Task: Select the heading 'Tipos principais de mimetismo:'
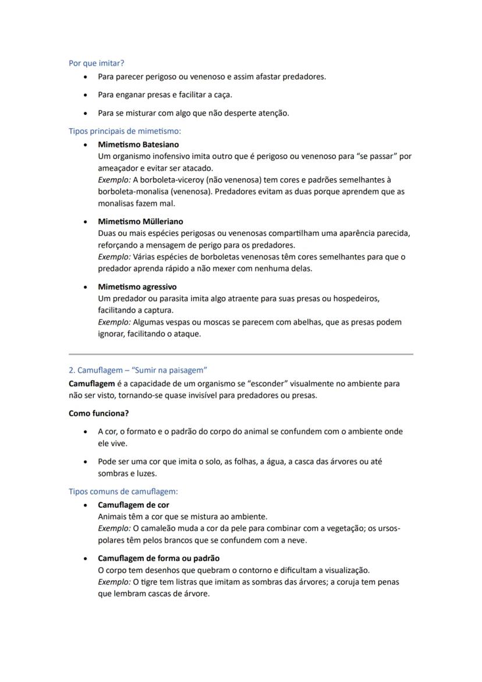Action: coord(125,131)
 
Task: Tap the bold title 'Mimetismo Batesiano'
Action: coord(138,144)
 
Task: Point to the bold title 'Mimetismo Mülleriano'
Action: coord(140,221)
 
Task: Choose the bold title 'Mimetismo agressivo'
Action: coord(137,287)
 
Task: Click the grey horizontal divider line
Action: coord(241,354)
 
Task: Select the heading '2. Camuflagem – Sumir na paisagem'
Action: coord(138,370)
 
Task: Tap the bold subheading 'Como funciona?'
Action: coord(98,413)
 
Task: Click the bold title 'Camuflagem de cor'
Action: coord(133,505)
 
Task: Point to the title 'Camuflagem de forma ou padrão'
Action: coord(158,558)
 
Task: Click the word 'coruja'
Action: coord(349,582)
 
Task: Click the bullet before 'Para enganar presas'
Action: coord(86,95)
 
